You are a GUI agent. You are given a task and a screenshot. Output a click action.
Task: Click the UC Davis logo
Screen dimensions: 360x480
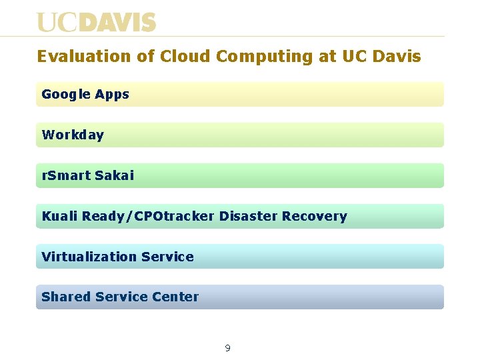point(96,23)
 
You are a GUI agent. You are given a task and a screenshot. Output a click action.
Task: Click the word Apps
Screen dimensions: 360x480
point(112,95)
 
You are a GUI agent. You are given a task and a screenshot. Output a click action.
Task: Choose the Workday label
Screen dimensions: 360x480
point(73,135)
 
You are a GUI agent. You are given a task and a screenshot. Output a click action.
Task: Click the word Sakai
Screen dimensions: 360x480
point(114,176)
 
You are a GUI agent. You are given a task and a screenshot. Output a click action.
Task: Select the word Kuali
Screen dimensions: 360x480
point(59,217)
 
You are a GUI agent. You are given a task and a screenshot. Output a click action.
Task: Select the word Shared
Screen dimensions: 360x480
point(66,297)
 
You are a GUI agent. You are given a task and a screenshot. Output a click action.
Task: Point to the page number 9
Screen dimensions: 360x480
point(228,348)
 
